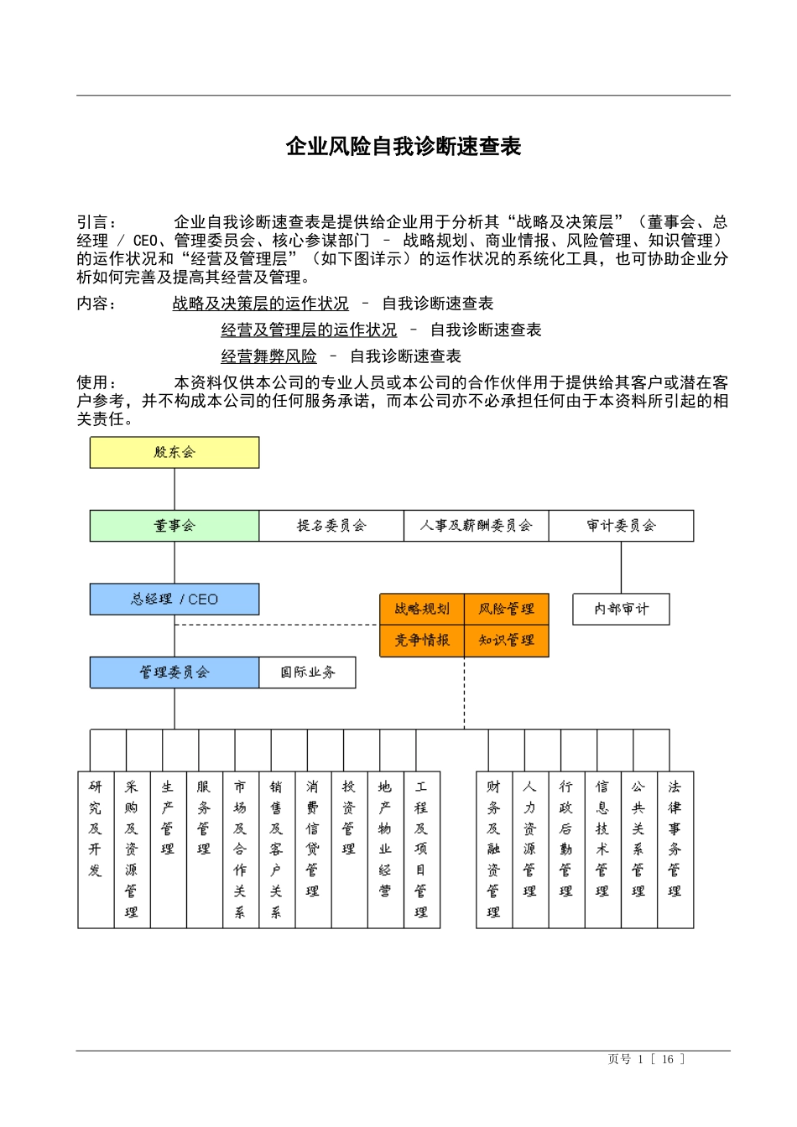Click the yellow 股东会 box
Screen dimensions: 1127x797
175,453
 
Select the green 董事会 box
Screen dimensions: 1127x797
175,526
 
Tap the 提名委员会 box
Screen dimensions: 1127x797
331,526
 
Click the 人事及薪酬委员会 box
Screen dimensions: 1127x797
477,526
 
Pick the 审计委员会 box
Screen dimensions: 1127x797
621,526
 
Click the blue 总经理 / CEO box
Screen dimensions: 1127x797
175,600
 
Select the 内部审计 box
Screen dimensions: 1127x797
621,609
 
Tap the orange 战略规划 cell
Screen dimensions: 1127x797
422,609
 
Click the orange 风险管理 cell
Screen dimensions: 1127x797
507,609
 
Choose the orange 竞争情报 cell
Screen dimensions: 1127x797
422,641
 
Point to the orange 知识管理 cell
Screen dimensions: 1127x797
507,641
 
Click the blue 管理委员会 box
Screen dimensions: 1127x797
175,673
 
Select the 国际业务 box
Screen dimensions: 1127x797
307,673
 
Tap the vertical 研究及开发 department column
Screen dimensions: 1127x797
96,849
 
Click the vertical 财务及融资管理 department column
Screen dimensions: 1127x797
494,849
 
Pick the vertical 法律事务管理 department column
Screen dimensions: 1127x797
675,849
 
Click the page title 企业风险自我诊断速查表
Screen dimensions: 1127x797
404,147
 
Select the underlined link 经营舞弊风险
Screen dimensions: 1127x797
268,356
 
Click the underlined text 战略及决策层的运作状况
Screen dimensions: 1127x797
260,304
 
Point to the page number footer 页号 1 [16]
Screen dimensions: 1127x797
646,1059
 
